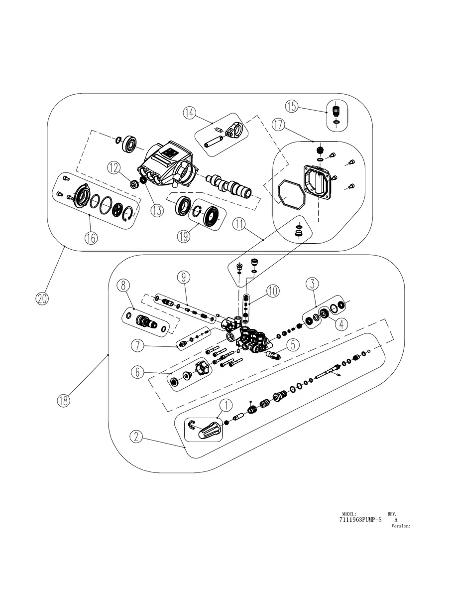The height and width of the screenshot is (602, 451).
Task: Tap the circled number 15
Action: pyautogui.click(x=292, y=106)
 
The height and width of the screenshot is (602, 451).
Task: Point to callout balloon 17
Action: pyautogui.click(x=279, y=124)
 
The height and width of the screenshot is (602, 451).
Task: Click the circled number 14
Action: pyautogui.click(x=189, y=113)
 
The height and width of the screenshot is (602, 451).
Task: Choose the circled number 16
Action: pyautogui.click(x=90, y=238)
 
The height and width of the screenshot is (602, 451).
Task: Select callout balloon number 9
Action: pyautogui.click(x=183, y=276)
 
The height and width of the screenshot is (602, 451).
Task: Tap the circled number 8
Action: pyautogui.click(x=124, y=286)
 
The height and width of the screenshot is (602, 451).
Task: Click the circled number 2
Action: pyautogui.click(x=137, y=437)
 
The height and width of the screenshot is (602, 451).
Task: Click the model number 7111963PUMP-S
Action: pyautogui.click(x=360, y=520)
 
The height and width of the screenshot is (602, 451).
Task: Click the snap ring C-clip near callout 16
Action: pyautogui.click(x=130, y=212)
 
